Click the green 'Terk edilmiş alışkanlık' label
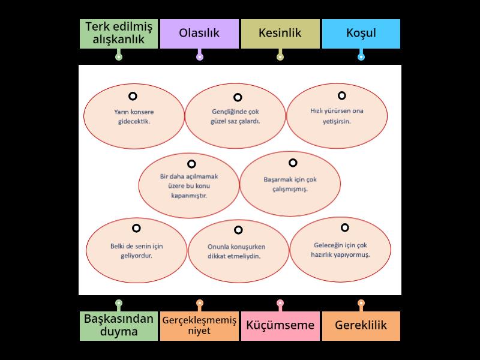119,34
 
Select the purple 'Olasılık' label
199,34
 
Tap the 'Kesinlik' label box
280,34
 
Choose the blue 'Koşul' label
361,34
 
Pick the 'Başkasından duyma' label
119,326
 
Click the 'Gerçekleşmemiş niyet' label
199,326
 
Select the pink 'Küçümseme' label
280,326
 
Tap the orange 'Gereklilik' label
361,326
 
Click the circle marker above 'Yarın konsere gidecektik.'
133,96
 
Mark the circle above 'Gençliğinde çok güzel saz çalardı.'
238,97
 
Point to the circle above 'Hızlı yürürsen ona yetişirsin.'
341,95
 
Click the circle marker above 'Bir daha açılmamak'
191,164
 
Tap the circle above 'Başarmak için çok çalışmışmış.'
293,163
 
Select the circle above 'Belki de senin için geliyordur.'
136,228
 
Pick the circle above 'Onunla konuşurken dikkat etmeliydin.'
238,230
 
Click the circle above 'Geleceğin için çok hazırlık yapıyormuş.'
345,227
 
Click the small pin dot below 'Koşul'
361,57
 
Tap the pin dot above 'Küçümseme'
280,303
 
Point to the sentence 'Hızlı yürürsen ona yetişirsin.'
337,116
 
